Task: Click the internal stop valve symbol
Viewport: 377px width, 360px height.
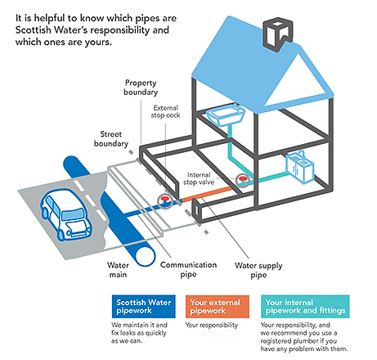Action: click(x=242, y=181)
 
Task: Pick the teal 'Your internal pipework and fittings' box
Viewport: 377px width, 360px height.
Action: click(x=307, y=306)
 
